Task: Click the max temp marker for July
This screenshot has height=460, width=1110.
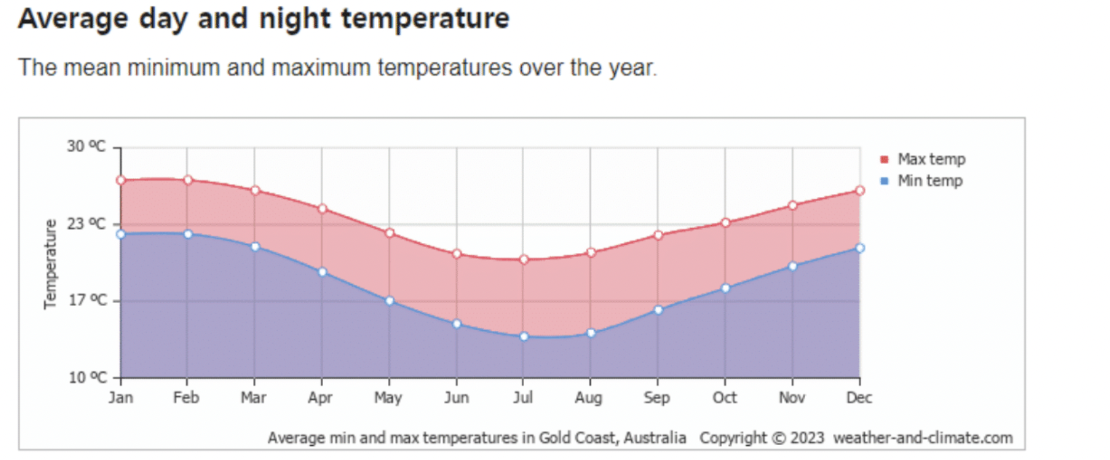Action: pyautogui.click(x=524, y=260)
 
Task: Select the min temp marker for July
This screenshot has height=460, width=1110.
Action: pyautogui.click(x=524, y=336)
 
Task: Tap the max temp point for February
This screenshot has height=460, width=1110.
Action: pyautogui.click(x=188, y=180)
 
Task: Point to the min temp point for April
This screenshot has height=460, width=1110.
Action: pyautogui.click(x=322, y=272)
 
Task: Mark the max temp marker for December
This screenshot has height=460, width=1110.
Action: pyautogui.click(x=860, y=191)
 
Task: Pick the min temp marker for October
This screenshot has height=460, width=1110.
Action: pyautogui.click(x=725, y=288)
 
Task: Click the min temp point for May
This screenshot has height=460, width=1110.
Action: pyautogui.click(x=389, y=300)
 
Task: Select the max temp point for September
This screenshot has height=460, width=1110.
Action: pyautogui.click(x=658, y=235)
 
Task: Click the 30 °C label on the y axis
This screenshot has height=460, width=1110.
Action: pyautogui.click(x=87, y=147)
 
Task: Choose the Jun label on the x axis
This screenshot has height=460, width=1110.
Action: pyautogui.click(x=456, y=398)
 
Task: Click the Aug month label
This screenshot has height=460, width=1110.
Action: pyautogui.click(x=589, y=398)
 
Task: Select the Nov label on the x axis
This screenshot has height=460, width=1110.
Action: pyautogui.click(x=792, y=398)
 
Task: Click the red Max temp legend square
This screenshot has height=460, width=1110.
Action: pyautogui.click(x=884, y=160)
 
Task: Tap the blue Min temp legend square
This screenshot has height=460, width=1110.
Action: pyautogui.click(x=884, y=181)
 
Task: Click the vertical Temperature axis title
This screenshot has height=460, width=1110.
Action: pyautogui.click(x=51, y=264)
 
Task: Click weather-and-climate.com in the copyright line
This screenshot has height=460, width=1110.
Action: pyautogui.click(x=923, y=438)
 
